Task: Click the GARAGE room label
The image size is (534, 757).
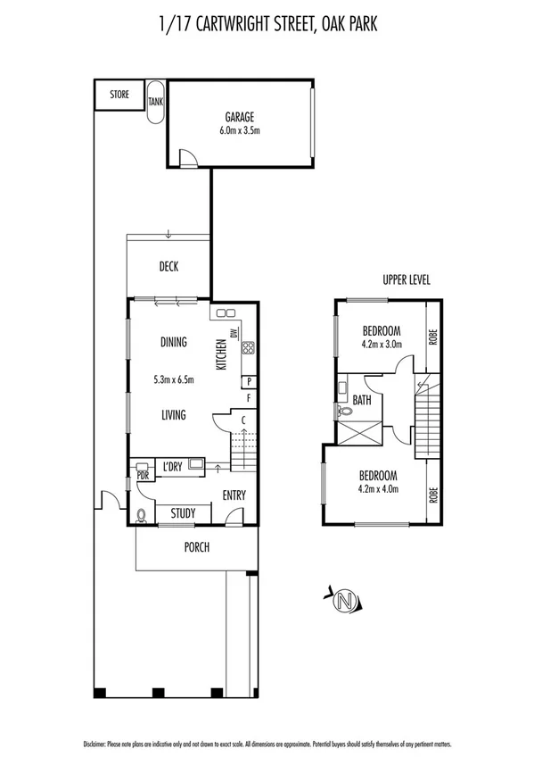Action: click(239, 117)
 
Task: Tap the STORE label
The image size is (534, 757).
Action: click(119, 95)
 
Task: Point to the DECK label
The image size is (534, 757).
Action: click(169, 266)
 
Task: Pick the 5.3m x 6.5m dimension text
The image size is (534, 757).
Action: click(173, 379)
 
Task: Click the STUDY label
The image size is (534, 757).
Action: click(183, 513)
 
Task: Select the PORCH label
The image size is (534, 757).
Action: click(196, 547)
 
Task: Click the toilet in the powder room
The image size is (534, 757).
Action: click(144, 515)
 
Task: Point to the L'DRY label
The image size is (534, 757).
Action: click(172, 464)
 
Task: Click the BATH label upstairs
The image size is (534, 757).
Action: click(361, 401)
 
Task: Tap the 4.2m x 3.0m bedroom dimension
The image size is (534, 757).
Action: click(381, 343)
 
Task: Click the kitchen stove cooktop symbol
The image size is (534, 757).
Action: click(250, 348)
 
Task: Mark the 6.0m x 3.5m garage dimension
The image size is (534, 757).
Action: click(239, 130)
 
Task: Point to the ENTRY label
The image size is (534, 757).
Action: click(233, 496)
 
